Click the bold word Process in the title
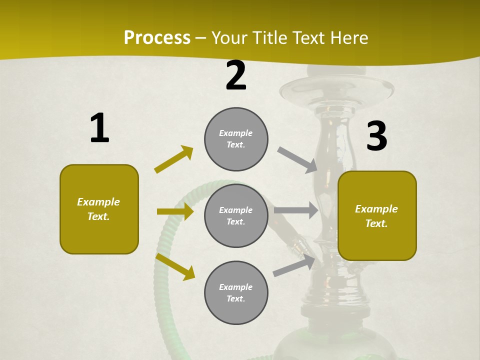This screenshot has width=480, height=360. pyautogui.click(x=157, y=38)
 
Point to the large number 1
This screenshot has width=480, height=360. pyautogui.click(x=99, y=128)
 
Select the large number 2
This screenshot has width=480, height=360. pyautogui.click(x=236, y=76)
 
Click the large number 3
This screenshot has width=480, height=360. pyautogui.click(x=376, y=136)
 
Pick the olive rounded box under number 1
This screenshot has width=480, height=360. pyautogui.click(x=99, y=209)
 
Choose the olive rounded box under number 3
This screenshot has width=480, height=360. pyautogui.click(x=377, y=215)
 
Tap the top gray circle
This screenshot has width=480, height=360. pyautogui.click(x=236, y=139)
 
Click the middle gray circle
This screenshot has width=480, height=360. pyautogui.click(x=236, y=215)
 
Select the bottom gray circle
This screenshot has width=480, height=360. pyautogui.click(x=236, y=292)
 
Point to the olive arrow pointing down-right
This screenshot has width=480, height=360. pyautogui.click(x=175, y=266)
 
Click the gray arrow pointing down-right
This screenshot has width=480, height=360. pyautogui.click(x=297, y=160)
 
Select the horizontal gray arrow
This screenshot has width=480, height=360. pyautogui.click(x=296, y=210)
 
